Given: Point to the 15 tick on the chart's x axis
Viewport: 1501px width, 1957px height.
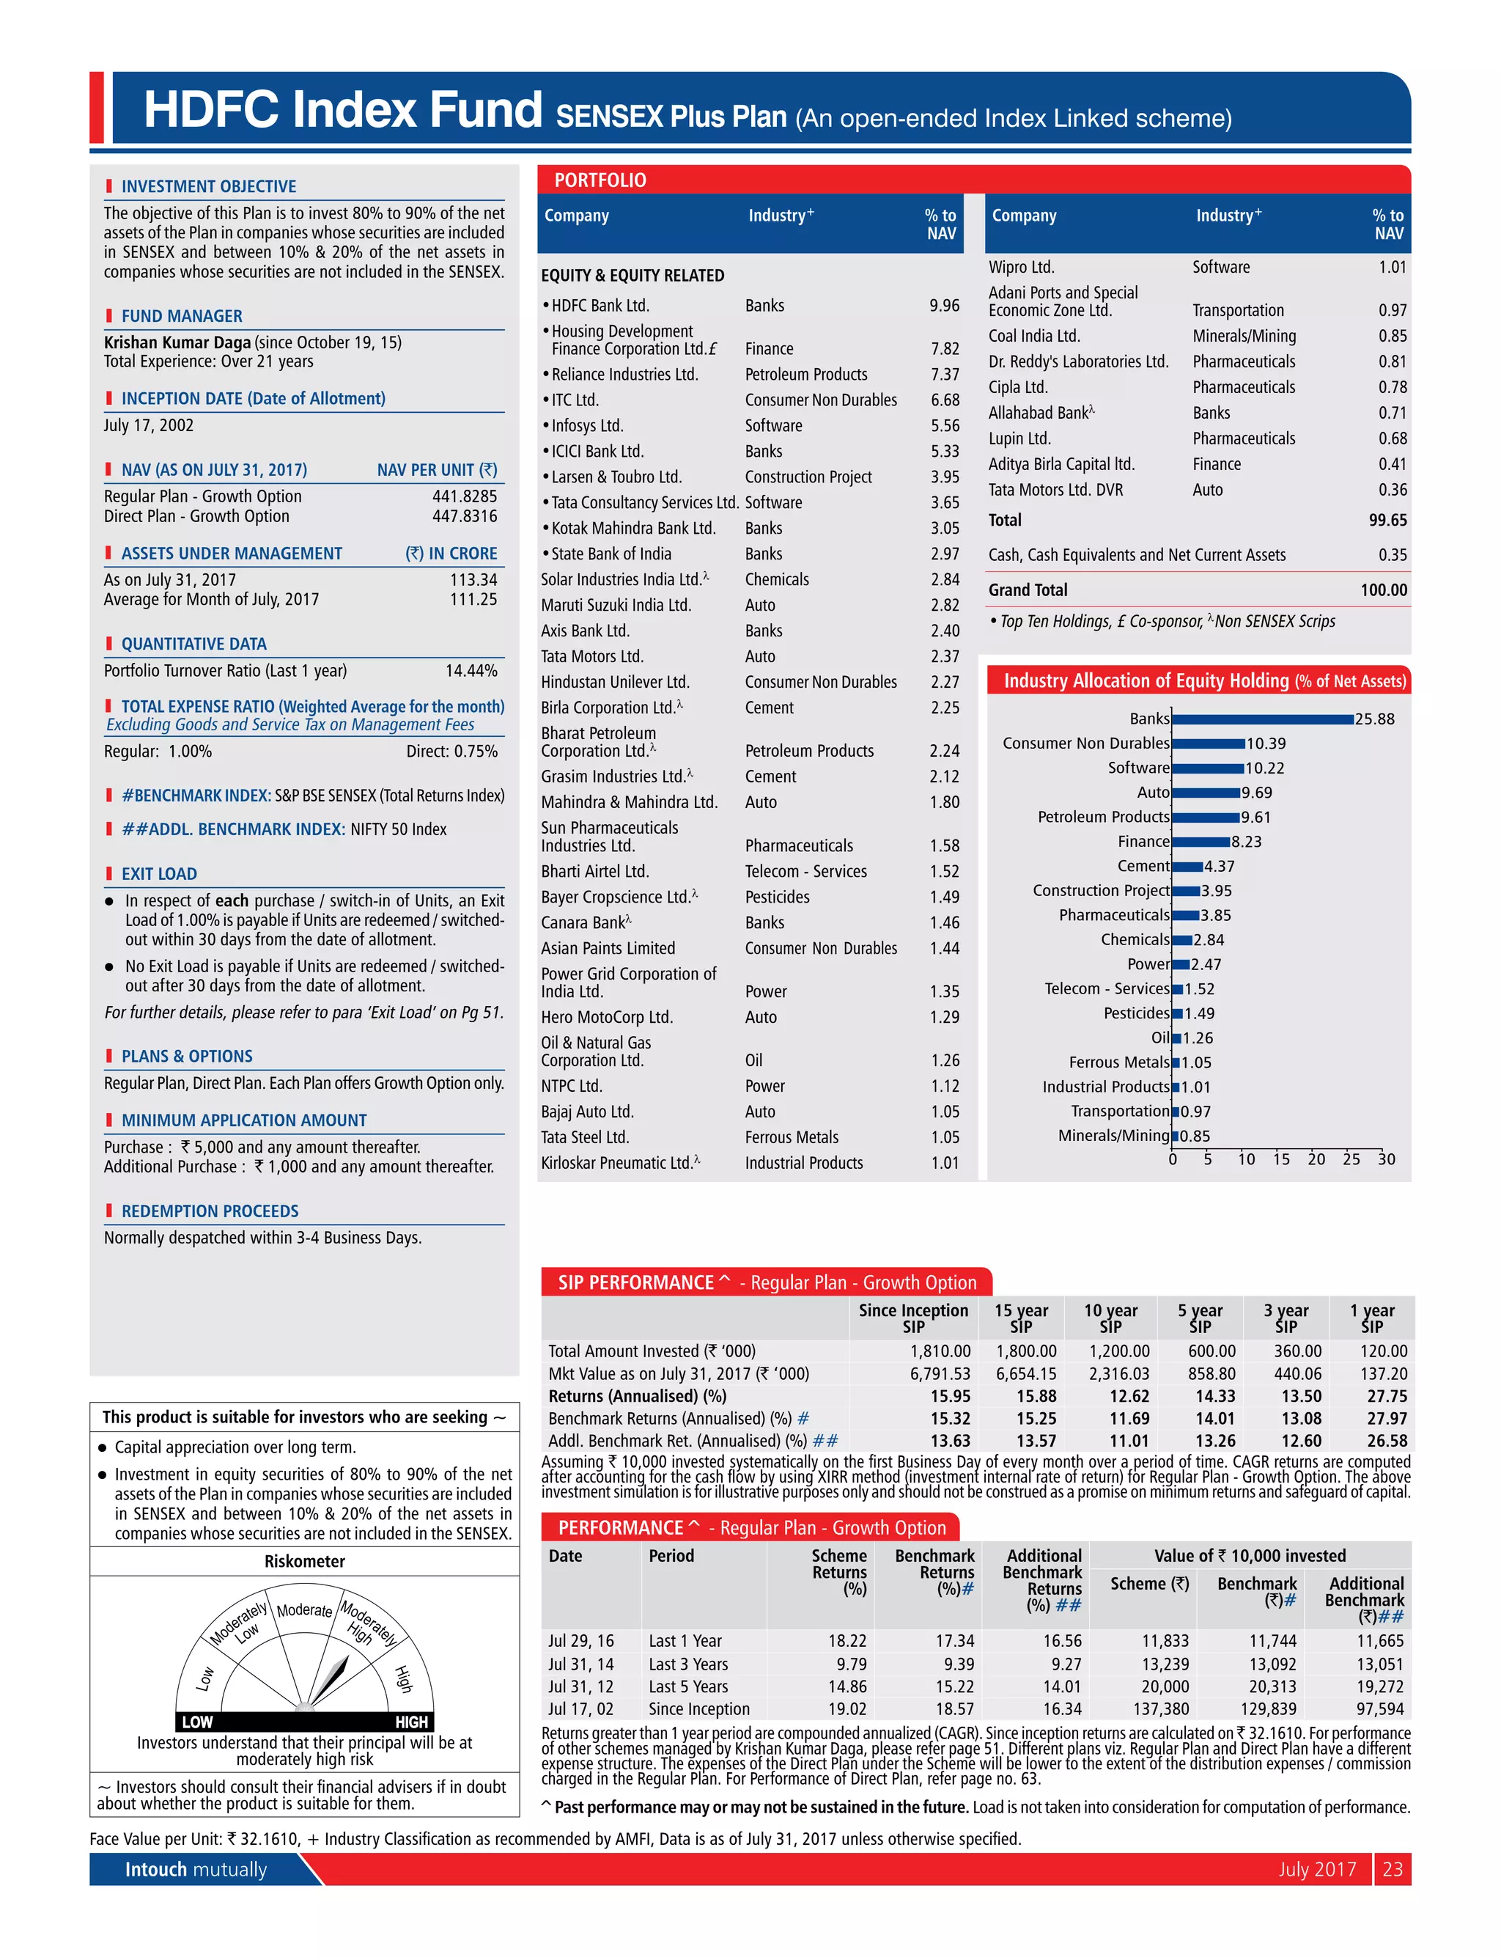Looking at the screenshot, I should point(1280,1159).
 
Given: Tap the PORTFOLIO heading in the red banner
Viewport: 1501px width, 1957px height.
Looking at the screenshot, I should point(600,180).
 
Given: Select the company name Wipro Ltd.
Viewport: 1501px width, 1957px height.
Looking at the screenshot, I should point(1020,267).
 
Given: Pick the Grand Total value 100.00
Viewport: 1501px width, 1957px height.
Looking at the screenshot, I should point(1383,590).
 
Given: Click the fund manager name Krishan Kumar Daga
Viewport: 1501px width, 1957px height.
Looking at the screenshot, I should point(177,342).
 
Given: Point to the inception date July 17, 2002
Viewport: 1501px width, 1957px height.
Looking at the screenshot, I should point(148,425).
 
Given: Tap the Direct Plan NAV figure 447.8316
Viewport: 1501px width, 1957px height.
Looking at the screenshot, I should point(465,516).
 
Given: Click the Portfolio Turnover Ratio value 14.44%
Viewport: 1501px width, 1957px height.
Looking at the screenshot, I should point(471,671).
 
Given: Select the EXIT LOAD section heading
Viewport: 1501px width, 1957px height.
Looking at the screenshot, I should point(159,874).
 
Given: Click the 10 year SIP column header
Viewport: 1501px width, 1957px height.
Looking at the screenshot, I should point(1110,1318).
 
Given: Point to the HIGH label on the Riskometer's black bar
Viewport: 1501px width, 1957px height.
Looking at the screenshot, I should point(411,1722).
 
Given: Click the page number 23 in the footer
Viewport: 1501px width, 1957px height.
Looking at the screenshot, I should point(1392,1868).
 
